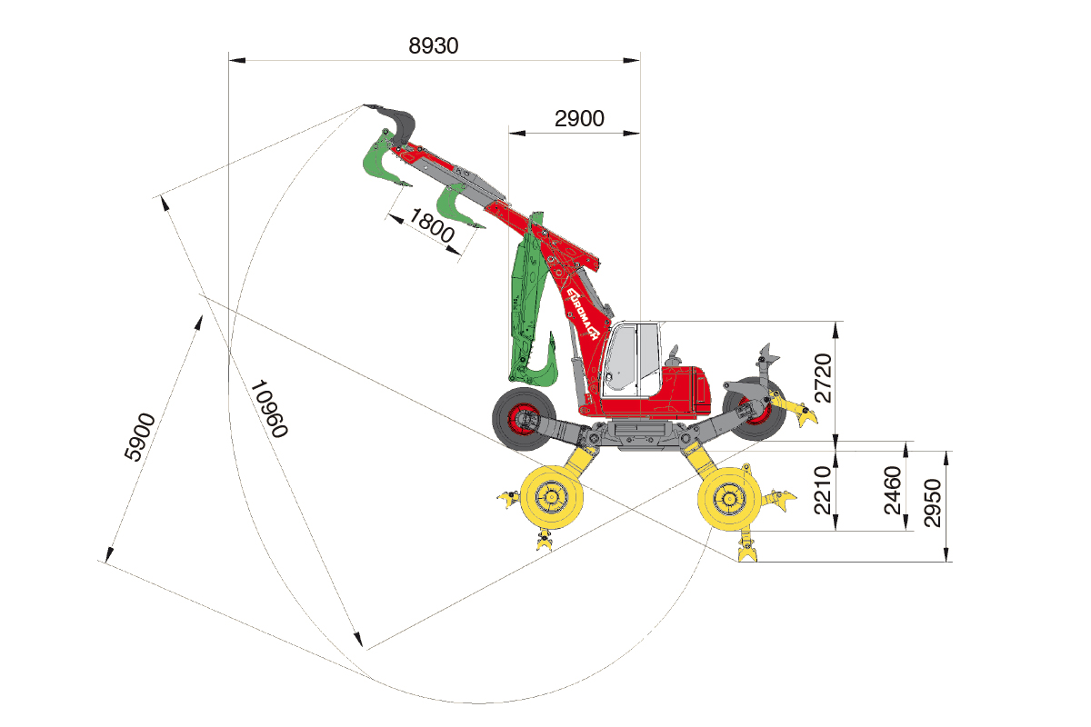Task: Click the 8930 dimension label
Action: (434, 45)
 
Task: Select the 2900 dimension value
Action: (579, 118)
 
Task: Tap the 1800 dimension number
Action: (432, 225)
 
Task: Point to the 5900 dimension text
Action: (140, 437)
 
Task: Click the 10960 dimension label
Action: (269, 409)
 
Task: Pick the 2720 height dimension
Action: (823, 378)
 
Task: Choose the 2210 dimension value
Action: (823, 491)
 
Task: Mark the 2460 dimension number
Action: (892, 491)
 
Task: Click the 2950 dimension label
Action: (932, 503)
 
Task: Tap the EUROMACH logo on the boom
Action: (583, 314)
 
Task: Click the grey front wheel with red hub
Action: (524, 419)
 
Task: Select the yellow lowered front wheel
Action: (551, 497)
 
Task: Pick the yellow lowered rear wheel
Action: (729, 499)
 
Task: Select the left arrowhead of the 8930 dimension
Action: (236, 60)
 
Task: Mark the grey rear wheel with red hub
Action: (755, 409)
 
